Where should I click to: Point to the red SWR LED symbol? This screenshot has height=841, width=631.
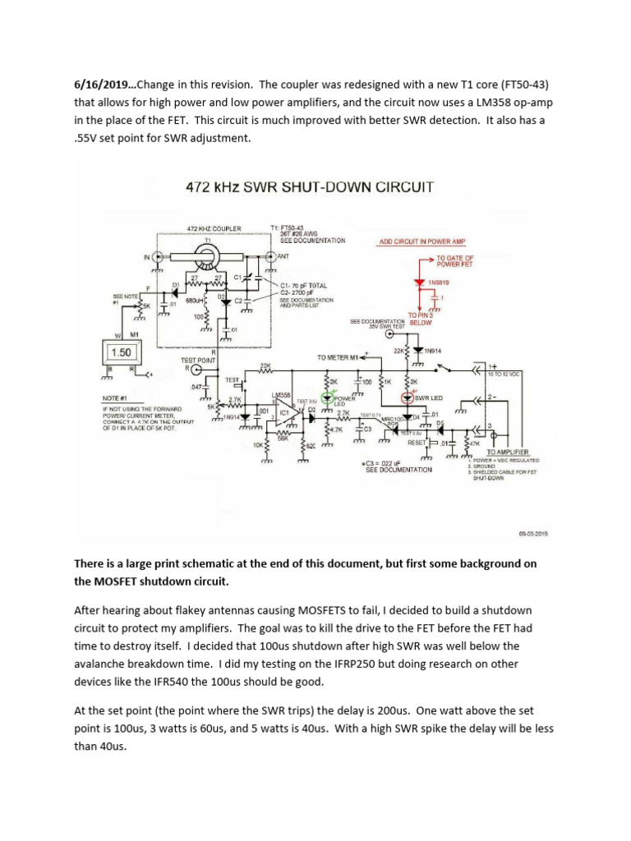408,398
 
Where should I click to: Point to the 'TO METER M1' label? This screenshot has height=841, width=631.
339,358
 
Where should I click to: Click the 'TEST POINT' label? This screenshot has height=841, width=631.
198,360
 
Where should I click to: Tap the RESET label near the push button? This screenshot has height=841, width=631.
417,442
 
